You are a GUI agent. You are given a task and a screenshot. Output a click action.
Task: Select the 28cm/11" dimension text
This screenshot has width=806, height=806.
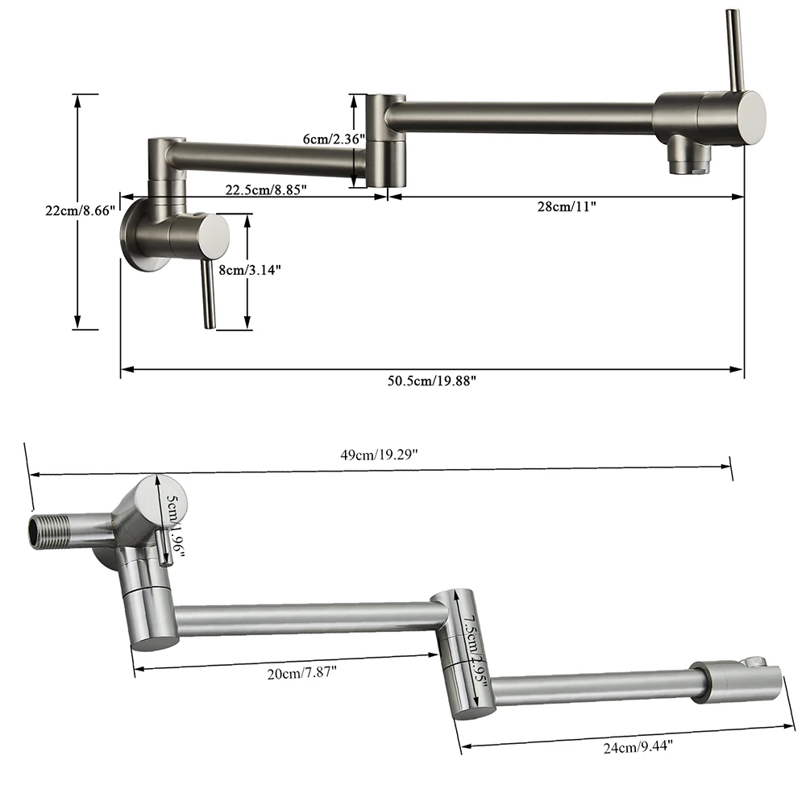click(566, 206)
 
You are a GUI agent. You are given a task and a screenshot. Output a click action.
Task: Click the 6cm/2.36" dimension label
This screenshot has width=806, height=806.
click(334, 139)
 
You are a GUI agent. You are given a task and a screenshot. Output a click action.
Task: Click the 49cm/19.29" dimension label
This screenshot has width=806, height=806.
click(378, 455)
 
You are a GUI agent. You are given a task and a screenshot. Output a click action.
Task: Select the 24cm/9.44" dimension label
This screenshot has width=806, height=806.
click(635, 746)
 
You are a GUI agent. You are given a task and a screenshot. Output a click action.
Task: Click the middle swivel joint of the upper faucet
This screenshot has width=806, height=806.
click(385, 141)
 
